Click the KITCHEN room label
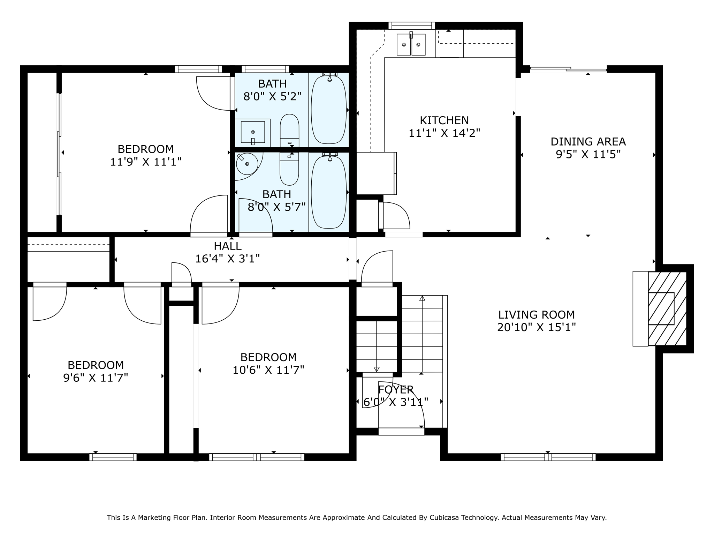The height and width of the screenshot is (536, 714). pos(444,120)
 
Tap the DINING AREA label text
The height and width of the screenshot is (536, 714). pos(588,142)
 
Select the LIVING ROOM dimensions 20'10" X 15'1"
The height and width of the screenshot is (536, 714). pos(536,327)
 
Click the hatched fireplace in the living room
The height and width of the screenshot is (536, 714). pos(667,308)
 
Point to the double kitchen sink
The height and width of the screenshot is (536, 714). pos(411,45)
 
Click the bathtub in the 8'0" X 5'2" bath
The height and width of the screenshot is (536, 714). pos(328,110)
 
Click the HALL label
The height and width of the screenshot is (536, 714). pos(227,246)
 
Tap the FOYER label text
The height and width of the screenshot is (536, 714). pos(396,389)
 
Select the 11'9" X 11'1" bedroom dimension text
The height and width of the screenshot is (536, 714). pos(146,162)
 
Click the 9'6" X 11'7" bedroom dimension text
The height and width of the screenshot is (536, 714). pos(96,378)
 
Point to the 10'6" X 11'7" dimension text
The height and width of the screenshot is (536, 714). pos(268,370)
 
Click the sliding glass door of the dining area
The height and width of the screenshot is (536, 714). pos(568,69)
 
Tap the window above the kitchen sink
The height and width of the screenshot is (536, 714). pos(411,25)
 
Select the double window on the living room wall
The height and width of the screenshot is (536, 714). pos(548,457)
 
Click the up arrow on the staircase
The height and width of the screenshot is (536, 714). pos(422,298)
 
